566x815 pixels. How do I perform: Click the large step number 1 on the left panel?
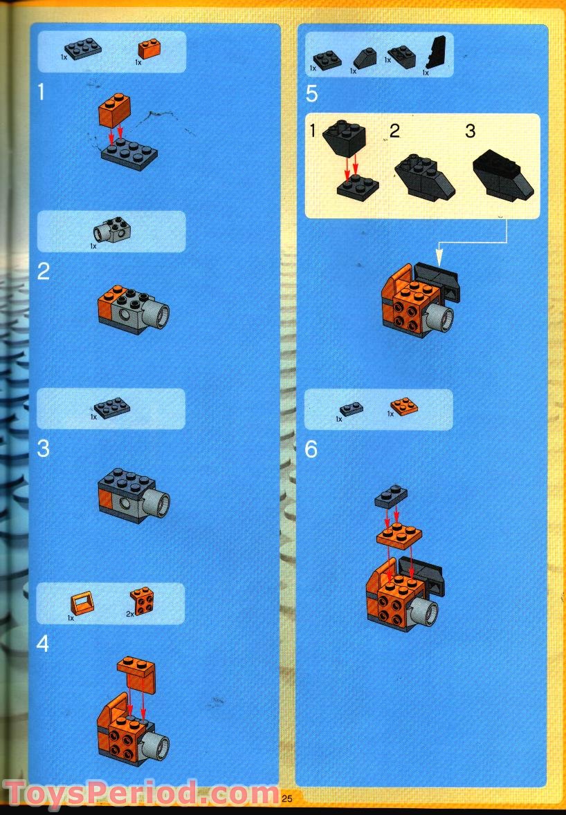[42, 92]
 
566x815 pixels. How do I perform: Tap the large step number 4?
[43, 644]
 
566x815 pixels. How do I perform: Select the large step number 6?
[311, 450]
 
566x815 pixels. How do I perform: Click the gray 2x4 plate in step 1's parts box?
[82, 48]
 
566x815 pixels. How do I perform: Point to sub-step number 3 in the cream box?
[471, 131]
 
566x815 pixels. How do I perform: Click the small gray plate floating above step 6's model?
[390, 496]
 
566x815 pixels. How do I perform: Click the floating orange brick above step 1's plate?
[115, 111]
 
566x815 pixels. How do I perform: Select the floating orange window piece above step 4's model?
[137, 674]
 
